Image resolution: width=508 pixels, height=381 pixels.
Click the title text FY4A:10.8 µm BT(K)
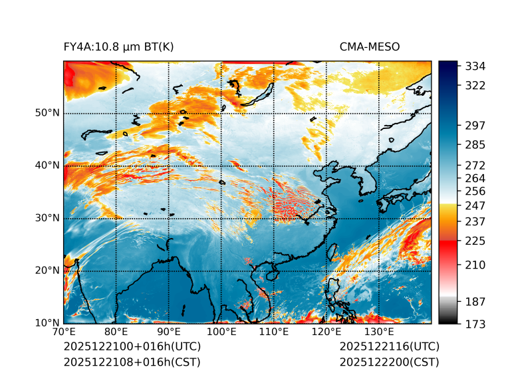pos(119,47)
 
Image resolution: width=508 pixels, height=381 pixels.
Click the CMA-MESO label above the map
pos(370,47)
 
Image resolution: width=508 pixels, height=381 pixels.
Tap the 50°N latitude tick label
pos(47,112)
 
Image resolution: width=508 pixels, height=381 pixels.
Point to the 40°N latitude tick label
pos(47,165)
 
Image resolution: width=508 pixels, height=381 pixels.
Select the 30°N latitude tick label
pos(47,217)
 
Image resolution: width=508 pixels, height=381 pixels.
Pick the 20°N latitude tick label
pos(47,270)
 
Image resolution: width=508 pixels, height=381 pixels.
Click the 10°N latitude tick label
pos(47,323)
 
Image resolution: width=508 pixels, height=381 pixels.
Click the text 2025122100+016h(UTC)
pos(132,347)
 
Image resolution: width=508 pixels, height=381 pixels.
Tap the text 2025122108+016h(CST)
pos(132,362)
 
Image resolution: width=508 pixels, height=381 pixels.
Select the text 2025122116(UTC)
pos(389,347)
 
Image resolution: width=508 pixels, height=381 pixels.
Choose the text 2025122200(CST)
pos(389,362)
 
